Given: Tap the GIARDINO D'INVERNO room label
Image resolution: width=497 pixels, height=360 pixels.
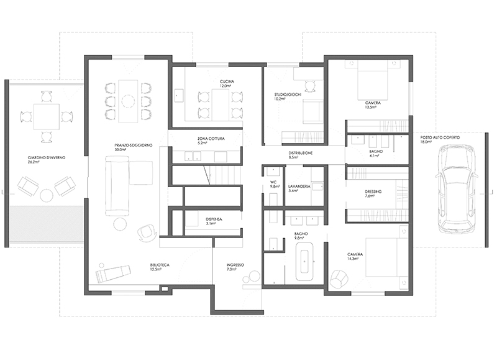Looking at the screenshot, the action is (x=47, y=158).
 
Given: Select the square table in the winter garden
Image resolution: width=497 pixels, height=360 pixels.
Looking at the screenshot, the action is (x=46, y=116).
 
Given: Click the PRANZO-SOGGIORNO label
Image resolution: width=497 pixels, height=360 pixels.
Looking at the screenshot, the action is (x=134, y=145).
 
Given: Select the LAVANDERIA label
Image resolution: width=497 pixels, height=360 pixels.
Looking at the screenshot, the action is (x=299, y=187).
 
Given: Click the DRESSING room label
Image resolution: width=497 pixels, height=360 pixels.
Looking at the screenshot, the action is (x=373, y=192).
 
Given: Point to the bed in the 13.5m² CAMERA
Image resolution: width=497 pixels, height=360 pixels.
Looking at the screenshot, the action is (x=373, y=81).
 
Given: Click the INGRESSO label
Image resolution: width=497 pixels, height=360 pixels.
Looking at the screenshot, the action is (x=235, y=265).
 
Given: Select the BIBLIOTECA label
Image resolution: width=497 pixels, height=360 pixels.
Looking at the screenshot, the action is (x=160, y=265).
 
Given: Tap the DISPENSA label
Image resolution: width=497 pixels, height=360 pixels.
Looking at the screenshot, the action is (x=214, y=219).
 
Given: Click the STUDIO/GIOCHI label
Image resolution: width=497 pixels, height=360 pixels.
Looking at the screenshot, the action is (x=288, y=95).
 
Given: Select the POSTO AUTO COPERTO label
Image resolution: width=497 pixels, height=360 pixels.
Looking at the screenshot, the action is (x=440, y=137).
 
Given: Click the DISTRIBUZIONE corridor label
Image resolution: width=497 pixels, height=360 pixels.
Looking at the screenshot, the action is (x=301, y=153).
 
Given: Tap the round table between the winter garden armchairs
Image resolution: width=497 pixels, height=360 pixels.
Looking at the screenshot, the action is (x=47, y=195).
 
